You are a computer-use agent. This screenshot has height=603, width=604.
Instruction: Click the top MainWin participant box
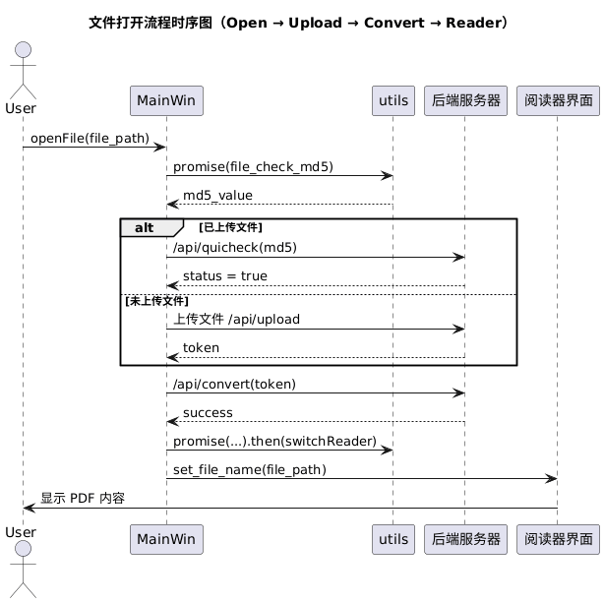click(x=165, y=100)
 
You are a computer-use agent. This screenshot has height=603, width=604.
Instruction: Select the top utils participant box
click(x=392, y=100)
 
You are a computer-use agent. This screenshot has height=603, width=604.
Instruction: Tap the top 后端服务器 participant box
click(x=464, y=100)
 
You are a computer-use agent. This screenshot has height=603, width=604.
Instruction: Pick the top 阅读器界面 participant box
click(x=557, y=100)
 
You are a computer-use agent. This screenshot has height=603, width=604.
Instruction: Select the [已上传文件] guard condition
click(x=230, y=227)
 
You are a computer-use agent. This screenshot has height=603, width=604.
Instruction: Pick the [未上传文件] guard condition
click(x=156, y=300)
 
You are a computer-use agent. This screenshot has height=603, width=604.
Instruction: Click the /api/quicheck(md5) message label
click(x=235, y=247)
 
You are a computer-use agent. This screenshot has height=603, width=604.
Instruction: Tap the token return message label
click(x=201, y=347)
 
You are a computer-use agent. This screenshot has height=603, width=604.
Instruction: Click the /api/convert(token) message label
click(x=234, y=383)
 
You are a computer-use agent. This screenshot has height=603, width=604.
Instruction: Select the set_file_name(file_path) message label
click(x=249, y=469)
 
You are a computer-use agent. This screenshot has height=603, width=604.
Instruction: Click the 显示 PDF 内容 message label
click(x=83, y=498)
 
